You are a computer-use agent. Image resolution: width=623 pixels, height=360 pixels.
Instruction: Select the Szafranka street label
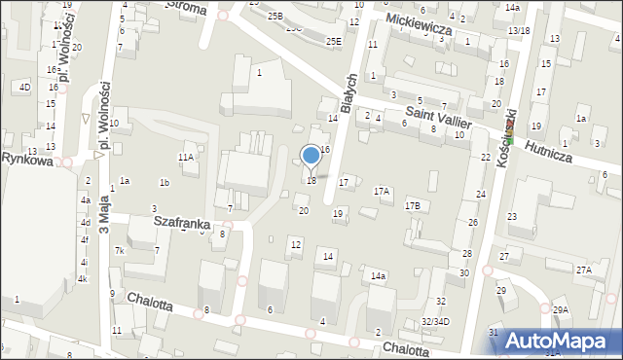click(x=182, y=223)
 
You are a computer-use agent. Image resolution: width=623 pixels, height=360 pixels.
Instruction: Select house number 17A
click(x=382, y=192)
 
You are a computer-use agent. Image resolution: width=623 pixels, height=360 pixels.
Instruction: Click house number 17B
click(x=413, y=205)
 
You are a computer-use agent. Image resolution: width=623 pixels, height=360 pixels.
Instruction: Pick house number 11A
click(x=185, y=157)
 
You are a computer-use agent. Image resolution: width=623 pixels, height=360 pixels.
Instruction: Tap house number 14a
click(x=378, y=276)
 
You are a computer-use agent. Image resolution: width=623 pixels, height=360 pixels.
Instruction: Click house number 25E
click(x=334, y=41)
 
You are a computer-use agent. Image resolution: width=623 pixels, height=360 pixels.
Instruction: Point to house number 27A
click(x=583, y=270)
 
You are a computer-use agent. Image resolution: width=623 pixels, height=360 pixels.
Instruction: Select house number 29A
click(x=561, y=309)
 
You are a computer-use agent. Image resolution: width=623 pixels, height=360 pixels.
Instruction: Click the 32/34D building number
click(x=435, y=321)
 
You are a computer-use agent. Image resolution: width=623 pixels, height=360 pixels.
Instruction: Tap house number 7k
click(x=120, y=251)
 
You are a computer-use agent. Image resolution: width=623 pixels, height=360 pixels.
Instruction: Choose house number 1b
click(x=165, y=183)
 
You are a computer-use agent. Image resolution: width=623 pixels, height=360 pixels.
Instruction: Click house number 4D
click(x=24, y=88)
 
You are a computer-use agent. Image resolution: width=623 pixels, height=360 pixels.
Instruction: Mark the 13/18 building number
click(x=519, y=31)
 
